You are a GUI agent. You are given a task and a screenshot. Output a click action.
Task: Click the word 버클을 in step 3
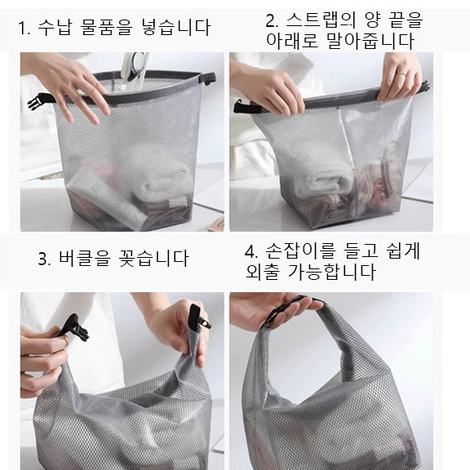tap(87, 259)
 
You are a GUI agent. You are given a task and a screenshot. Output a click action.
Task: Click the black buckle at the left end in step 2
tap(241, 107)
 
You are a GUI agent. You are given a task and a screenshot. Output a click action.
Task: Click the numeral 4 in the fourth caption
tap(251, 251)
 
